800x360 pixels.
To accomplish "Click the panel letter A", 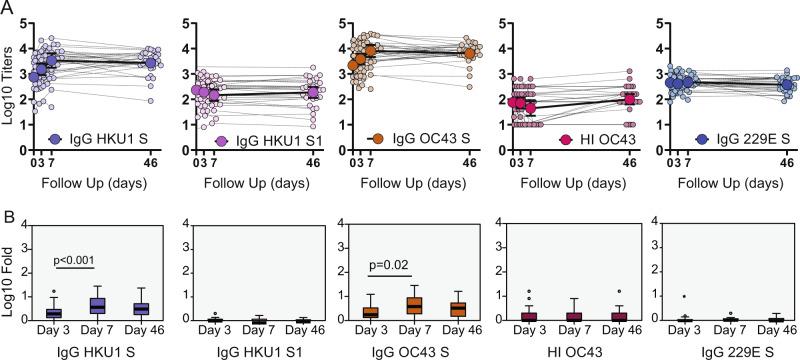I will [8, 7].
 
